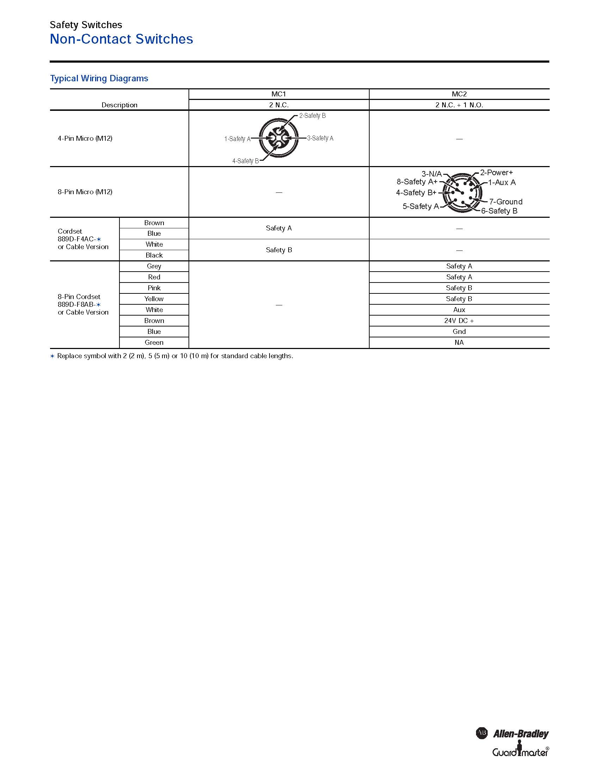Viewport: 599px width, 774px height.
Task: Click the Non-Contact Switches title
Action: click(121, 39)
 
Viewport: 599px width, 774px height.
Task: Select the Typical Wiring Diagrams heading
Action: click(99, 78)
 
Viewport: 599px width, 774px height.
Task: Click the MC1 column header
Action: click(279, 94)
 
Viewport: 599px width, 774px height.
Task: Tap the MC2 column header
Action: click(459, 94)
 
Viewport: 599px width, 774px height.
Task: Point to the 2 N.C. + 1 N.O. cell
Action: click(459, 105)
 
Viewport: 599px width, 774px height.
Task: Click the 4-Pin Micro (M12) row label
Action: click(85, 138)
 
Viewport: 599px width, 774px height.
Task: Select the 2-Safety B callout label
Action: click(312, 115)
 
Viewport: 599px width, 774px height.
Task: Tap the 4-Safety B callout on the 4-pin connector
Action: click(246, 161)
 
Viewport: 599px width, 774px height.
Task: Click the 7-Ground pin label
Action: click(506, 202)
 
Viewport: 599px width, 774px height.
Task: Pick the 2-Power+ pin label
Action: click(496, 173)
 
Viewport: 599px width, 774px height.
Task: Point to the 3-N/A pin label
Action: click(432, 174)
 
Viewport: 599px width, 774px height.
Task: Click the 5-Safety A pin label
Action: click(420, 206)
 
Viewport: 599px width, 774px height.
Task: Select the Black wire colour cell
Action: click(154, 255)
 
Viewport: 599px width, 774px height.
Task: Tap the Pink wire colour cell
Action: click(154, 288)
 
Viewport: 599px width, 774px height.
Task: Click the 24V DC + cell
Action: click(459, 321)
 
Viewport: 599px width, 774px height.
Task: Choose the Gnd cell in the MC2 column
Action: click(459, 332)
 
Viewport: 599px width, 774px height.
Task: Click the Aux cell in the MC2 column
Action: click(459, 310)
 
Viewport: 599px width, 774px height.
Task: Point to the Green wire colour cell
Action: click(154, 342)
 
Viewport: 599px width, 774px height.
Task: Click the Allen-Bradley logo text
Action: click(520, 734)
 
